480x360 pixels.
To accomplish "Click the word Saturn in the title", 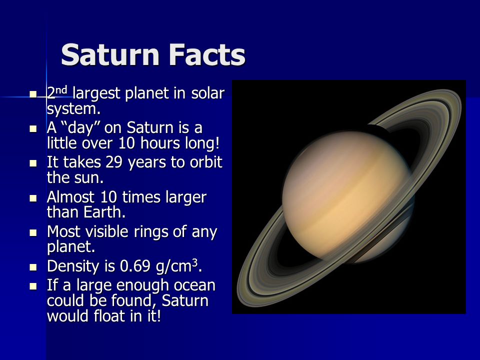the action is pyautogui.click(x=110, y=55).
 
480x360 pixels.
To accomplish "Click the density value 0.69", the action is pyautogui.click(x=135, y=266).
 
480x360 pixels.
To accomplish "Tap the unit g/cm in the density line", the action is pyautogui.click(x=173, y=266).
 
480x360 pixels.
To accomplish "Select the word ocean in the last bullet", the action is pyautogui.click(x=194, y=285).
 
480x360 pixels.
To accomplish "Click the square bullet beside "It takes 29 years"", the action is pyautogui.click(x=33, y=163).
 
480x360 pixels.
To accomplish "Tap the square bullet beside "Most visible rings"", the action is pyautogui.click(x=33, y=232).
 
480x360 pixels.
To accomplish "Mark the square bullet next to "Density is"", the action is pyautogui.click(x=33, y=267).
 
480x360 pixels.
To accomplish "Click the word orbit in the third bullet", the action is pyautogui.click(x=206, y=162).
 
